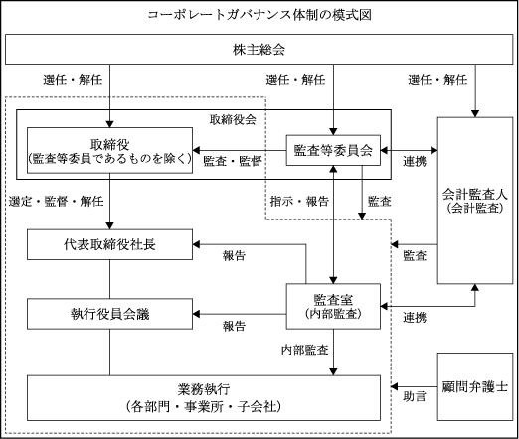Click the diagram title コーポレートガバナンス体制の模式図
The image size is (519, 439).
point(259,15)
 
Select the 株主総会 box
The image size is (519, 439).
point(259,49)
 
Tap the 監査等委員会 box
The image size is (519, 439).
point(333,150)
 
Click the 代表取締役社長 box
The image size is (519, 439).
point(109,244)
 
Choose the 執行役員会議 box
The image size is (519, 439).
point(109,314)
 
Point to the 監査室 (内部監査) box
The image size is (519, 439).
point(333,306)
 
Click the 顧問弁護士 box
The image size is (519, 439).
point(475,386)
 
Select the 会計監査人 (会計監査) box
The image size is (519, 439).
point(475,201)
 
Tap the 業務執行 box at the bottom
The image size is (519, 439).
point(204,398)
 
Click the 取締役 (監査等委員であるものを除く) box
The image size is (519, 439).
point(109,150)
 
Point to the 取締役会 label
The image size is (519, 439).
point(233,119)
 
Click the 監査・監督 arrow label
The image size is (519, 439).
point(233,161)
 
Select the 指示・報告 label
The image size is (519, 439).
point(299,201)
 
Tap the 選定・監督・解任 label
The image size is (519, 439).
point(57,201)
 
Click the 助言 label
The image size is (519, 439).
point(415,396)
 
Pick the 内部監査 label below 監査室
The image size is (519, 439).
point(305,350)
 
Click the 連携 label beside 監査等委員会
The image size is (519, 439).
point(415,161)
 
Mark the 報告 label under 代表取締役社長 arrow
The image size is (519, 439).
point(234,255)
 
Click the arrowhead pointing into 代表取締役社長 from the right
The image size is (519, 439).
point(196,244)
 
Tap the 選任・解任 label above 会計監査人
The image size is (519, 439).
point(437,80)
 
